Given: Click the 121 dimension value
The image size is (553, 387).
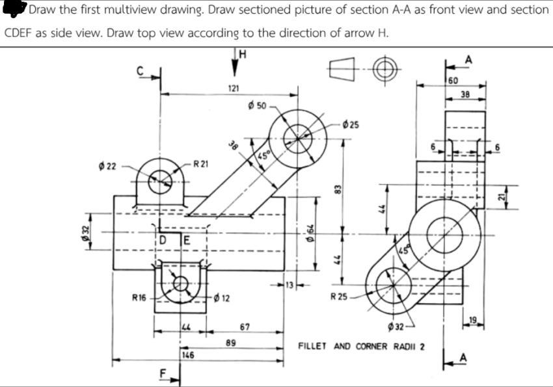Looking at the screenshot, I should (234, 88).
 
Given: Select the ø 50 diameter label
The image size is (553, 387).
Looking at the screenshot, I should (258, 105).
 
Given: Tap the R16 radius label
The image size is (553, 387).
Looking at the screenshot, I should (139, 299).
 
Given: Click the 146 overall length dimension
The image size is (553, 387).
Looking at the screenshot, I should (188, 355).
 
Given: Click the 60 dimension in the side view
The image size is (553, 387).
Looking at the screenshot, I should (453, 80).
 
